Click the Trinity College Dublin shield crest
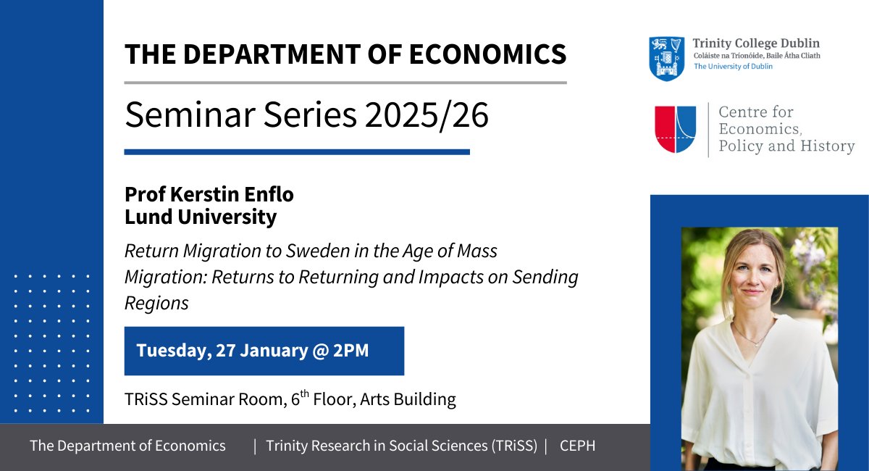[666, 58]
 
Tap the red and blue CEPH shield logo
[675, 129]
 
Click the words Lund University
[201, 217]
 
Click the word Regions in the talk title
[156, 303]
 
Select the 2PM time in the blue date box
[350, 351]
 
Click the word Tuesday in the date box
[170, 351]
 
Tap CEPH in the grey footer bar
[577, 446]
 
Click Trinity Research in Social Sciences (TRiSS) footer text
[402, 446]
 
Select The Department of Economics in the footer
[127, 446]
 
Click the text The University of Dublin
[733, 67]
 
